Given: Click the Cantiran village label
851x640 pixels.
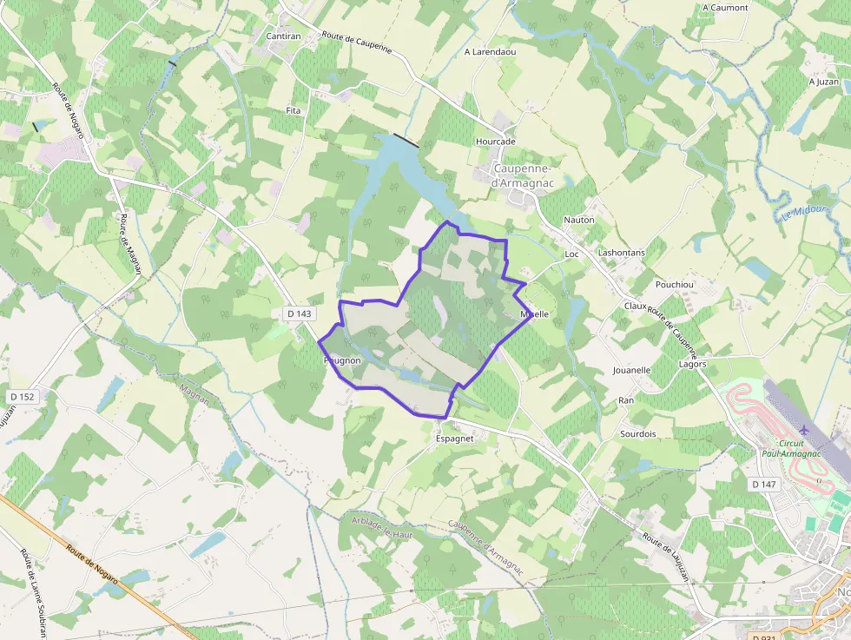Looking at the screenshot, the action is (283, 36).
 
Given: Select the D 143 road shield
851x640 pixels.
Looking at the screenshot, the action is (298, 313).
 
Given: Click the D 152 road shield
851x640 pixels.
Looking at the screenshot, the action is (23, 397).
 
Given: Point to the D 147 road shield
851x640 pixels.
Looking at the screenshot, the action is (763, 484).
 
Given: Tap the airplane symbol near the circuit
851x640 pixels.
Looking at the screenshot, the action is (804, 430).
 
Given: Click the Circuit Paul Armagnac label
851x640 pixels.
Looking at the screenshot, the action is (790, 448).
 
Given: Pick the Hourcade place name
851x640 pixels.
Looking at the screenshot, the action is (495, 141).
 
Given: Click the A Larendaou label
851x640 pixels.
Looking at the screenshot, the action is (490, 52).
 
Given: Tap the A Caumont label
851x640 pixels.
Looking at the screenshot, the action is (725, 8).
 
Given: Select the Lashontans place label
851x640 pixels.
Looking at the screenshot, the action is (622, 253).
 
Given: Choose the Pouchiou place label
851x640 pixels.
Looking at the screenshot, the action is (675, 285).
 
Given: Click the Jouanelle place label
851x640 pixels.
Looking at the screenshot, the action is (631, 370).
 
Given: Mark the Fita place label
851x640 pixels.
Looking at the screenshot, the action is (294, 111).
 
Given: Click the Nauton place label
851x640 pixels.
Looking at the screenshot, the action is (579, 220).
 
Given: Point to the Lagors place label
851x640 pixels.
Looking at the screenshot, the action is (692, 364).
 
